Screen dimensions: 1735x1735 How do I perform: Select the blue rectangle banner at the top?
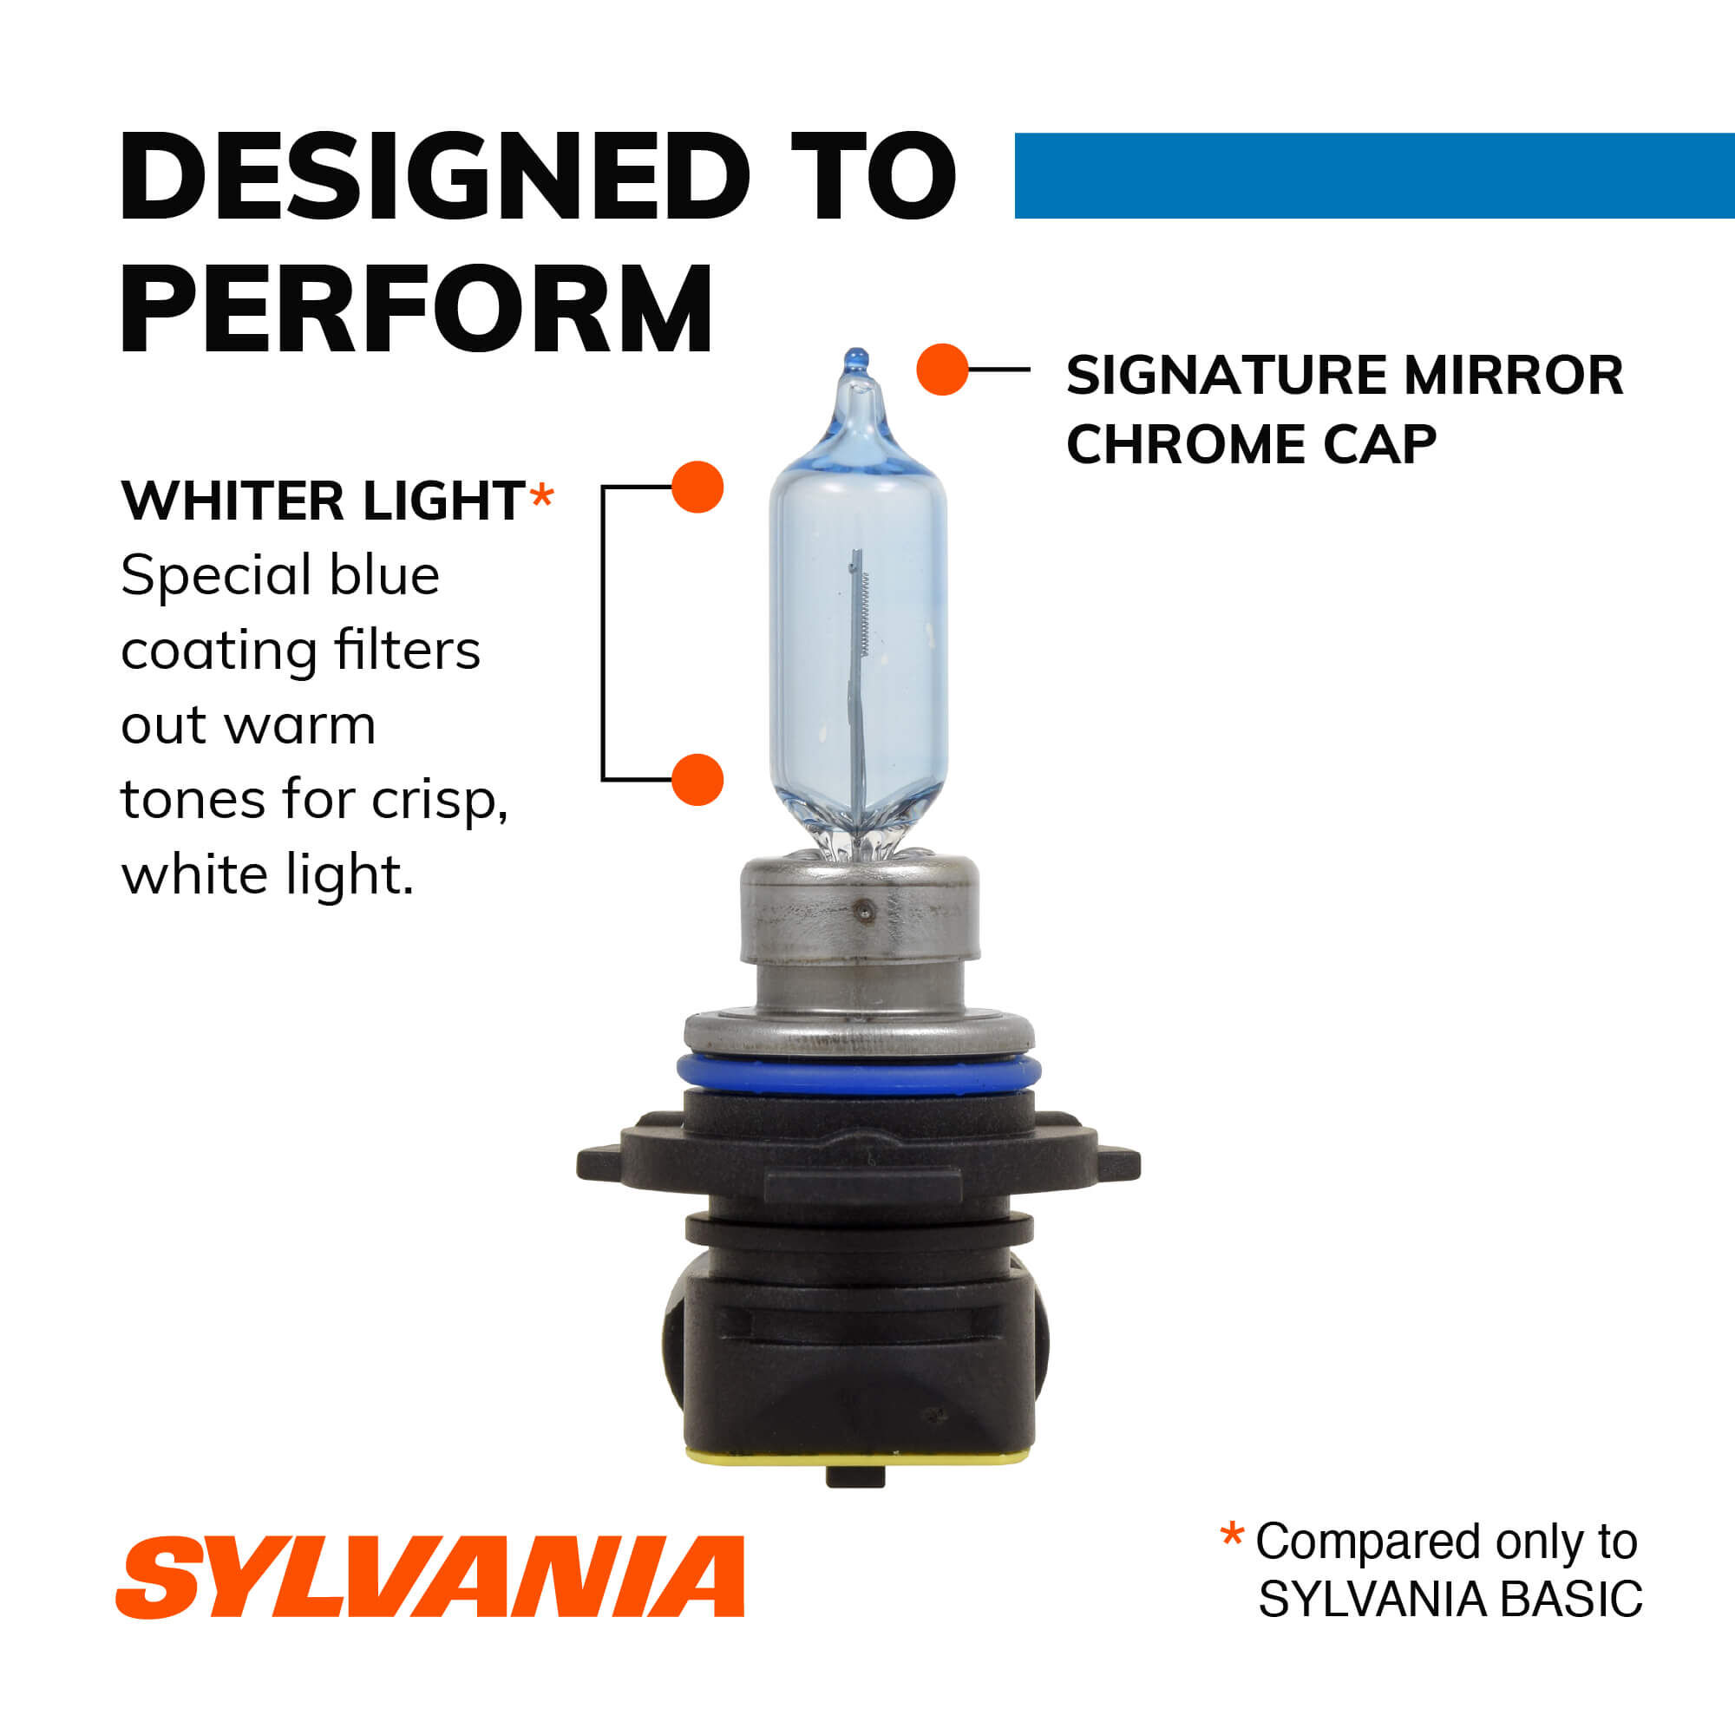click(x=1374, y=176)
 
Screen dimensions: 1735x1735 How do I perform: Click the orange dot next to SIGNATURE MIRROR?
click(x=942, y=369)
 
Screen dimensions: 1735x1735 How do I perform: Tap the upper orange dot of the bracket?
click(x=697, y=487)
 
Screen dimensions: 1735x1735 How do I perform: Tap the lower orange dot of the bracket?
click(x=697, y=780)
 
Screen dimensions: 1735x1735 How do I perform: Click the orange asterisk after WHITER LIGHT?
click(x=541, y=495)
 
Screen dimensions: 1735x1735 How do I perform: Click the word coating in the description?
click(x=219, y=651)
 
